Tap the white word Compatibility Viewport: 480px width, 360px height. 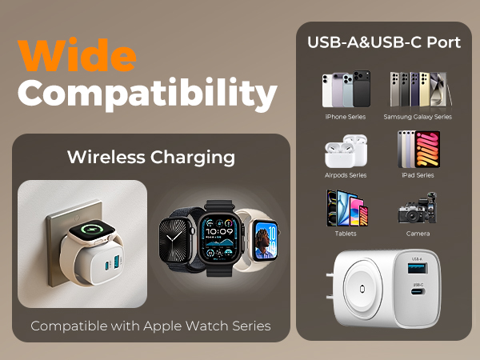tap(148, 95)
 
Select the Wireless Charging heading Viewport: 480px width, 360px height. tap(151, 157)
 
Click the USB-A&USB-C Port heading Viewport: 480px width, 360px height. tap(384, 42)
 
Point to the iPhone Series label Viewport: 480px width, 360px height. tap(345, 117)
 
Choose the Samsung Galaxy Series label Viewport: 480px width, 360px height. tap(417, 117)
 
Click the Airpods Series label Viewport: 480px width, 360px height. tap(345, 174)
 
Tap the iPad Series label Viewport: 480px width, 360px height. tap(417, 174)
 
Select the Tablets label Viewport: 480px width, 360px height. tap(345, 234)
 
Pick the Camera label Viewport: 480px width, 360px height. tap(417, 234)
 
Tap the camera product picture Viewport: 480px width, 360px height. tap(417, 209)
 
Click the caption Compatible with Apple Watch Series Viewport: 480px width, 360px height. tap(150, 326)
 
